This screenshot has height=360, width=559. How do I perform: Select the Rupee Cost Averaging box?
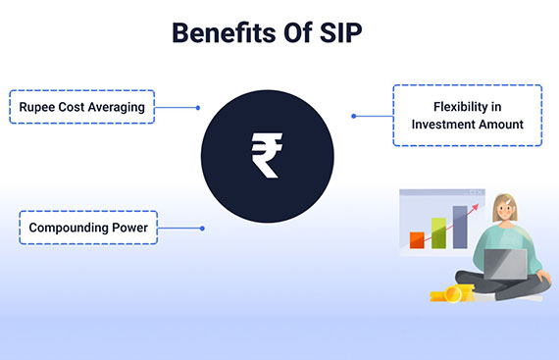[82, 107]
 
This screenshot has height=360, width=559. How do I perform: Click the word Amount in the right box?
[496, 125]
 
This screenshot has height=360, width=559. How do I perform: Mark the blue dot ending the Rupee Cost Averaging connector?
[198, 108]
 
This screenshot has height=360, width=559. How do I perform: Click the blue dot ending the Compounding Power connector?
[202, 229]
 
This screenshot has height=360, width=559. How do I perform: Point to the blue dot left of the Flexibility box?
[353, 116]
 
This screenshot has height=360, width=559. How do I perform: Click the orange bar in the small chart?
[416, 238]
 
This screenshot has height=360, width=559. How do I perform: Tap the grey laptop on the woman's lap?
[506, 262]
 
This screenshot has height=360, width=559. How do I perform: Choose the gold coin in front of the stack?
[453, 294]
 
